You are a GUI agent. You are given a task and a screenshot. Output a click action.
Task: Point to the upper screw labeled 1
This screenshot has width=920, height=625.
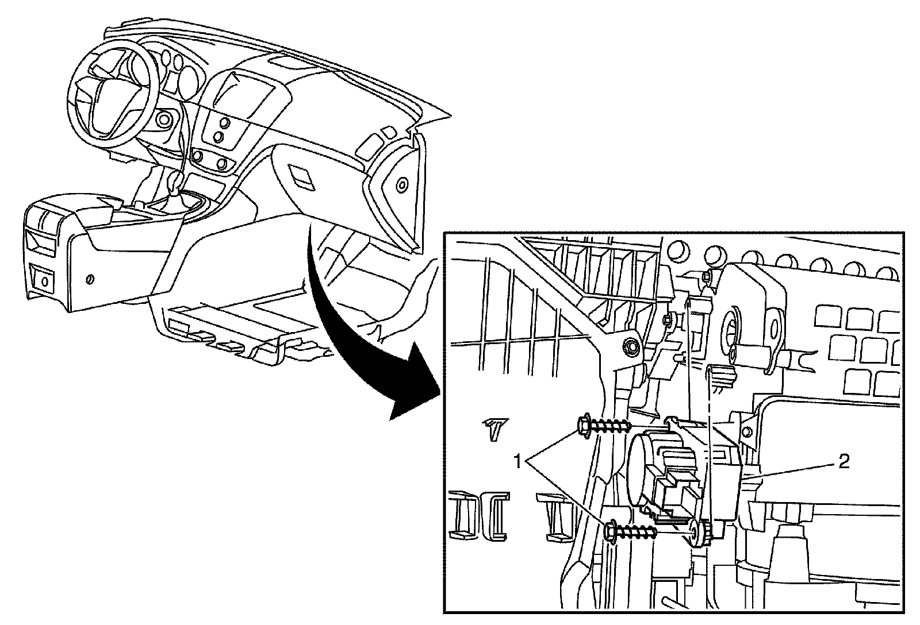pos(601,426)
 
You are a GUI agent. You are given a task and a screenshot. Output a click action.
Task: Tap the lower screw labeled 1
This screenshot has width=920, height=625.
pos(630,532)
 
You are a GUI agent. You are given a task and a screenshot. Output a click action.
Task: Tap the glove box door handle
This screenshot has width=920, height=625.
pos(300,175)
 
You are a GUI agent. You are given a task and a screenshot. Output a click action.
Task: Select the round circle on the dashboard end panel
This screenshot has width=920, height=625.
pos(401,185)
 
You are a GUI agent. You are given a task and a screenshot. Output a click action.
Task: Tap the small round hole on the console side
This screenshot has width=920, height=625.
pos(89,279)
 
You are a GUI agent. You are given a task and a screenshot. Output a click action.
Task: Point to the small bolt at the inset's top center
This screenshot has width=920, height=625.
pos(707,277)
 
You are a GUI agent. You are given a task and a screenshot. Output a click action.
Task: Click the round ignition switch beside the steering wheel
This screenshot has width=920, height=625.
pos(164,119)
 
